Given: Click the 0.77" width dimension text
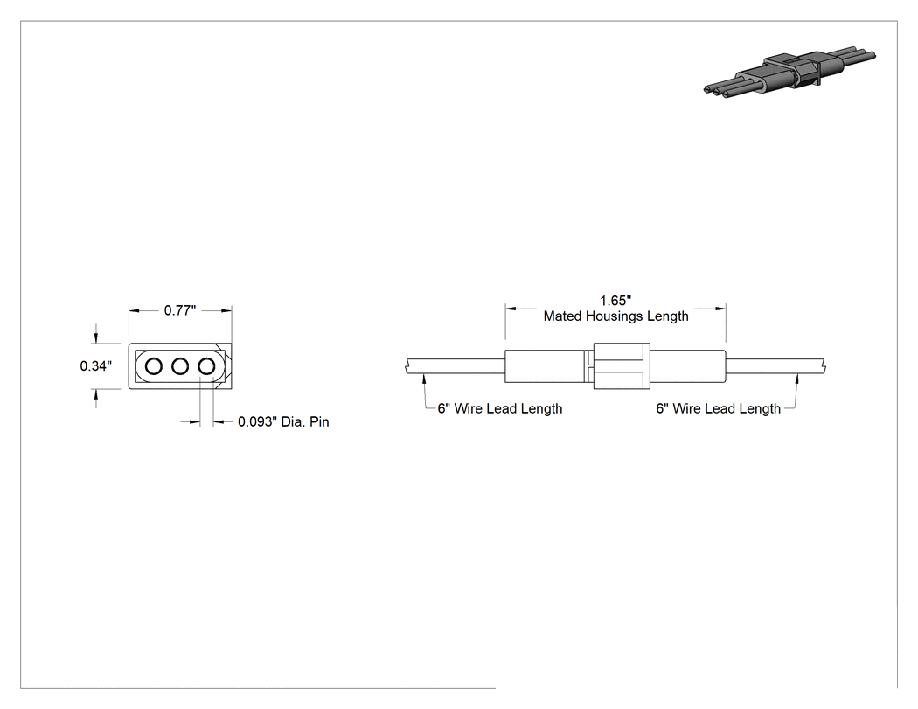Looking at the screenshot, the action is (180, 310).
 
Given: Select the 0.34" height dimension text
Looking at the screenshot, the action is (95, 366).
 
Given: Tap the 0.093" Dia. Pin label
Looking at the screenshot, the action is (283, 421).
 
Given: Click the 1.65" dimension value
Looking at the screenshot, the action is (615, 301).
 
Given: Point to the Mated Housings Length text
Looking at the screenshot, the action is (615, 316).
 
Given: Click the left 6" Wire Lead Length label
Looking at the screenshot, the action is (500, 408).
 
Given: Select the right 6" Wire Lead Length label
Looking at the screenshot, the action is (719, 408).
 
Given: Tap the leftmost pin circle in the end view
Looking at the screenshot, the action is (153, 366).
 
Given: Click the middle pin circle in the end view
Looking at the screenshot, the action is (180, 366).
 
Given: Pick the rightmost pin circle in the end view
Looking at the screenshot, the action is (206, 366).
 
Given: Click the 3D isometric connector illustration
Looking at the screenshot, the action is (789, 73).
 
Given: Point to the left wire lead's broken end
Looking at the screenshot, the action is (406, 366).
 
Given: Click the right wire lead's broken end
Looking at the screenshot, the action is (824, 366).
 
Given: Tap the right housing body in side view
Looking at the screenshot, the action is (688, 366).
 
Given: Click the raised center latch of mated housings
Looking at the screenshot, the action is (622, 366).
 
